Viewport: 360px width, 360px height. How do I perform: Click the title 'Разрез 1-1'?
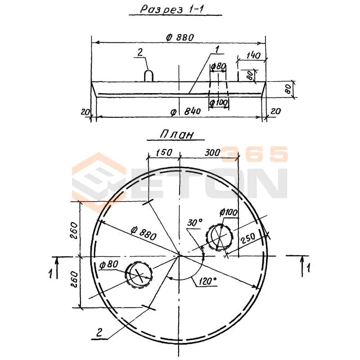coord(172,9)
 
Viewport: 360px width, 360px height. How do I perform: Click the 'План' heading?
coord(176,134)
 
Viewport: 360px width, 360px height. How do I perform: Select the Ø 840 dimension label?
coord(186,112)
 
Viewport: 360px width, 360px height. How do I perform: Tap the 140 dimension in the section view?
coord(253,55)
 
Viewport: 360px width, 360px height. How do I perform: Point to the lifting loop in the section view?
coord(148,76)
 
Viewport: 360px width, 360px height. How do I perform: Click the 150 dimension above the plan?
coord(164,153)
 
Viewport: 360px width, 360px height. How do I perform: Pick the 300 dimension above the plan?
coord(212,153)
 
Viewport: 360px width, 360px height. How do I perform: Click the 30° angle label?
coord(195,222)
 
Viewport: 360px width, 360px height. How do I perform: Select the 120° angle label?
coord(207,281)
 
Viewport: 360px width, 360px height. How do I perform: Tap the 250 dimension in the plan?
coord(248,238)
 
